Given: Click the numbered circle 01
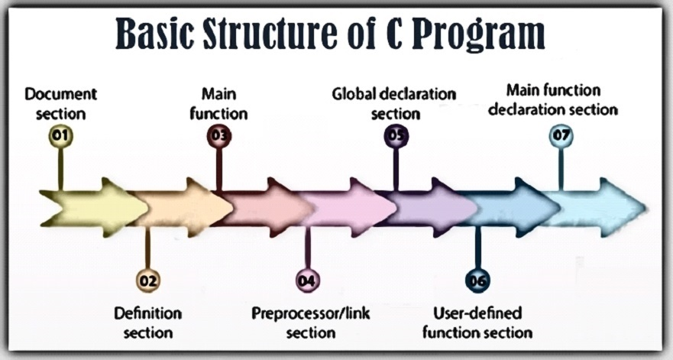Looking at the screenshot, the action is tap(60, 136).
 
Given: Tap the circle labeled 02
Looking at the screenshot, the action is tap(147, 281).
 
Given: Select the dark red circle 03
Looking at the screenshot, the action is tap(219, 136).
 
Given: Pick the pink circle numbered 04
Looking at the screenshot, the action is tap(307, 281).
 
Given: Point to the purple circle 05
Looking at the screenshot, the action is tap(396, 136).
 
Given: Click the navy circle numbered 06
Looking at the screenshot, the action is tap(477, 281).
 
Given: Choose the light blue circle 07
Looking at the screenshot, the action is tap(561, 136).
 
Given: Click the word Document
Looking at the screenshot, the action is tap(61, 94).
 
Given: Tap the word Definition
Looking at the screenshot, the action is tap(148, 313).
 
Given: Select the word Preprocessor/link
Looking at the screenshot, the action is tap(311, 313).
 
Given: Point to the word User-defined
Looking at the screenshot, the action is tap(477, 313).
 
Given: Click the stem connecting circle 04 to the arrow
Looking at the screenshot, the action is tap(307, 248).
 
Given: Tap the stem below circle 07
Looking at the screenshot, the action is tap(561, 169).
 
